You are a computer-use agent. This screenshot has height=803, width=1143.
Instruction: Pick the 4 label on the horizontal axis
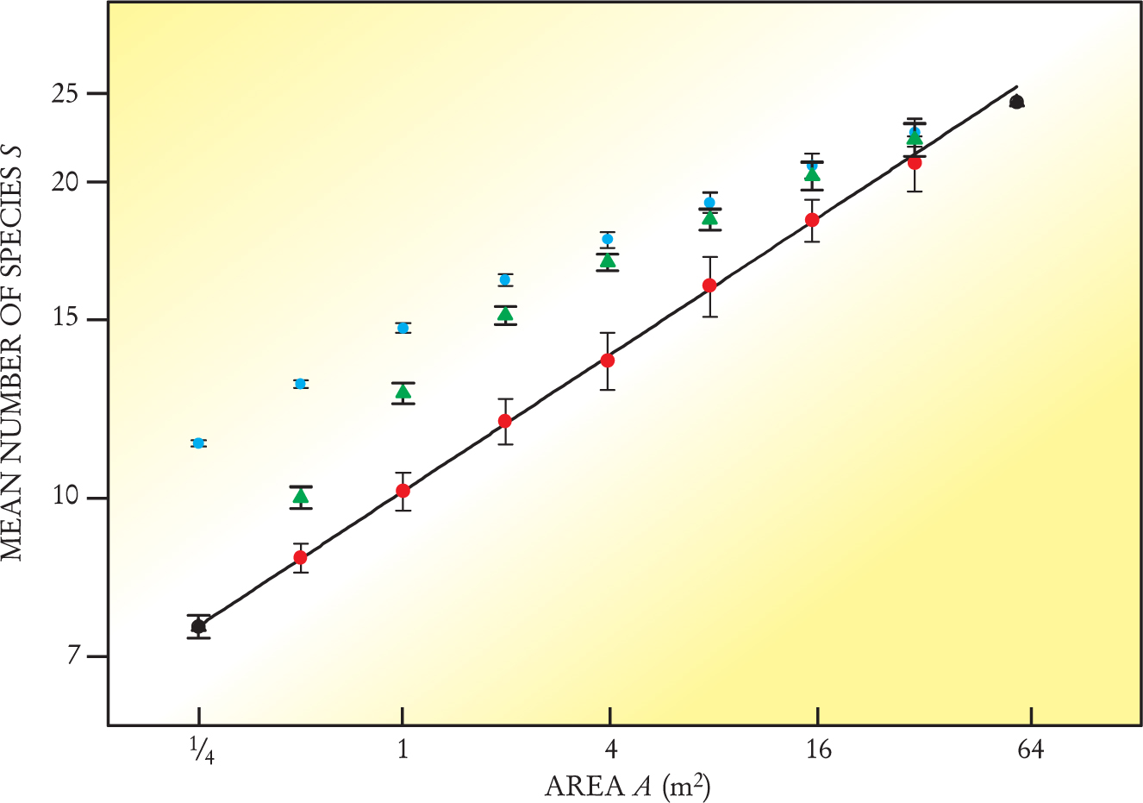[610, 750]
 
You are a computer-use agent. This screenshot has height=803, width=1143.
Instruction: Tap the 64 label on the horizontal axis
[1030, 750]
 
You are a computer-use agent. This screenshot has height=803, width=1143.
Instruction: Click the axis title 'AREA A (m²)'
[628, 787]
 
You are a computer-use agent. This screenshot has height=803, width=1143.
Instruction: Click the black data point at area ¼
[198, 626]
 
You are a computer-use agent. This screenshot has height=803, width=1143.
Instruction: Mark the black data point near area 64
[1016, 102]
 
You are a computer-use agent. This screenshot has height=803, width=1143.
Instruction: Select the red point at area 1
[403, 491]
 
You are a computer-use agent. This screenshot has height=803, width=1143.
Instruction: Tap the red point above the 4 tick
[608, 361]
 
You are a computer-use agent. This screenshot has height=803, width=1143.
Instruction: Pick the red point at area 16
[811, 220]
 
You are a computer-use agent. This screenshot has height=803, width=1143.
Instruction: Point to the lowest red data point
[300, 557]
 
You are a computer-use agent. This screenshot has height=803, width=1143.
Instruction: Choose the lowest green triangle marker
[300, 497]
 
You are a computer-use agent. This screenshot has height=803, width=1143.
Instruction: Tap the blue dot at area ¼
[198, 442]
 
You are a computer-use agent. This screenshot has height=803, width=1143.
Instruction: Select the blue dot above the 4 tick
[607, 239]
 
